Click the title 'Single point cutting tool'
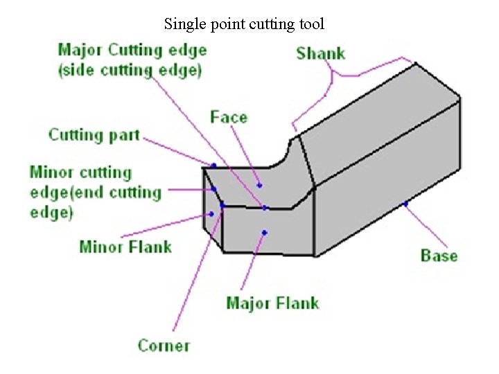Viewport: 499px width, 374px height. (x=244, y=25)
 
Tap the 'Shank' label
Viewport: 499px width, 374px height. (x=320, y=53)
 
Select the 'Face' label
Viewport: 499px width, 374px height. (x=229, y=117)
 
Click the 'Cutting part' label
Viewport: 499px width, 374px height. (x=94, y=134)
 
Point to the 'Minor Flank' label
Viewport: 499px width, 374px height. (x=125, y=246)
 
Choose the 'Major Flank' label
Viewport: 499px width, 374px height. (x=272, y=303)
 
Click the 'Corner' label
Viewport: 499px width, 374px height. (x=164, y=344)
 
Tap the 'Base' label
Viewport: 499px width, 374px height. (x=439, y=256)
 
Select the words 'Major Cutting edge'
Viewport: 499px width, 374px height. (x=132, y=50)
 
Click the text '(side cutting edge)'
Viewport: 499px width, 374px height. (x=130, y=69)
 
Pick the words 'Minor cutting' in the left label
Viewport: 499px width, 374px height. (x=80, y=172)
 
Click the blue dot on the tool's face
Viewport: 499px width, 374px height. (x=259, y=185)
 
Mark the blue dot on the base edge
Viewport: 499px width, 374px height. (x=405, y=204)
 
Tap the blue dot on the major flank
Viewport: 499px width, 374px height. (x=264, y=233)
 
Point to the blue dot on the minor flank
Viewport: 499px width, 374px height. (x=211, y=214)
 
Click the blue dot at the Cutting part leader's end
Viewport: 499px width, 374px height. (x=213, y=166)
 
